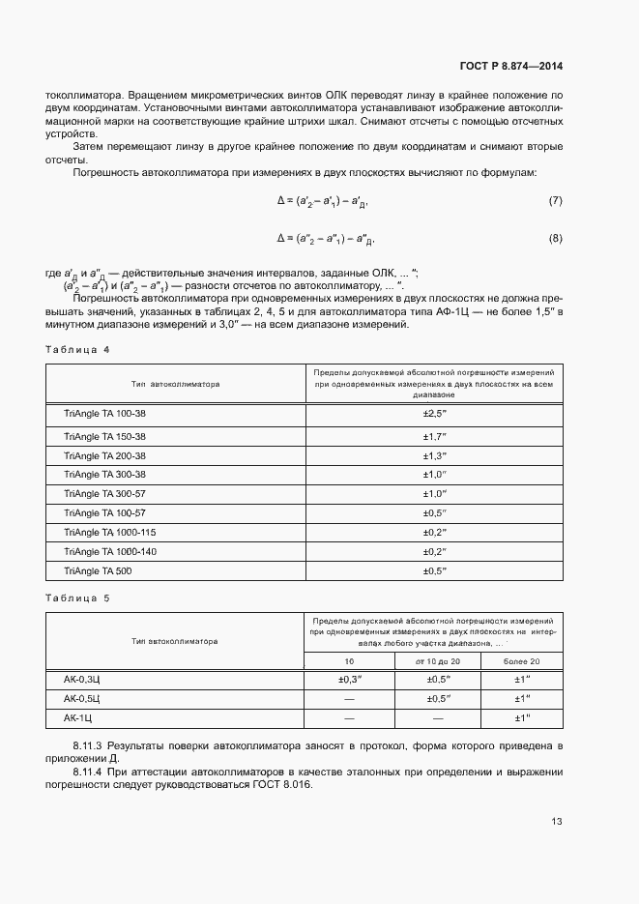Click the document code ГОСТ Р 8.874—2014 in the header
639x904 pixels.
510,67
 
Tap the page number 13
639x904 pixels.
556,822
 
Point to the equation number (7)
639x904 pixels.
555,200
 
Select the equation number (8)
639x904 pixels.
555,238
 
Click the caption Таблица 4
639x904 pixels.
78,348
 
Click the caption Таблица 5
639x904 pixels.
78,598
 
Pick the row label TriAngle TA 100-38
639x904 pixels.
104,413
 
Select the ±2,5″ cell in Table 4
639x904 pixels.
433,413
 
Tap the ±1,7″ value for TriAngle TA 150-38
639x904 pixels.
433,436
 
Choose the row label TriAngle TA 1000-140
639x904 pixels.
110,551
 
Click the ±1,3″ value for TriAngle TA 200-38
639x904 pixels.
433,455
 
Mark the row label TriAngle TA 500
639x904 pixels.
97,570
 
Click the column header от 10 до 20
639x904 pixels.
437,660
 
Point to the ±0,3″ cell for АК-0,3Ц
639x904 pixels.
349,679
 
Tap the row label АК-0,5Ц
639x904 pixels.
82,698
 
